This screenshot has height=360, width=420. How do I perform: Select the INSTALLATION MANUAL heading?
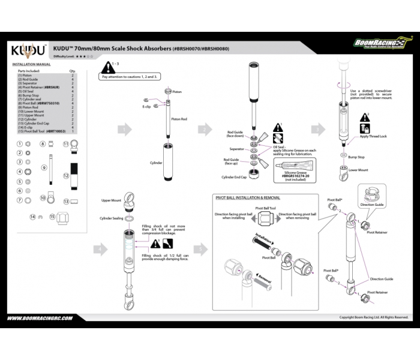(31, 64)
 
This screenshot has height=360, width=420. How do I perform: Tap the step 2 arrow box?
(205, 129)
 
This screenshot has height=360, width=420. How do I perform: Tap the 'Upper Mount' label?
(111, 200)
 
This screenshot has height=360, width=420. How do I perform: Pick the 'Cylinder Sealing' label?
(111, 218)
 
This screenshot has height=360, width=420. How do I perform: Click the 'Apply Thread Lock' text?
(373, 136)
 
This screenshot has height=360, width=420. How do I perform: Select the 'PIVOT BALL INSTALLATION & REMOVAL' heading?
(247, 197)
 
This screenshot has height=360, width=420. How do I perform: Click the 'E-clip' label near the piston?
(146, 106)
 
